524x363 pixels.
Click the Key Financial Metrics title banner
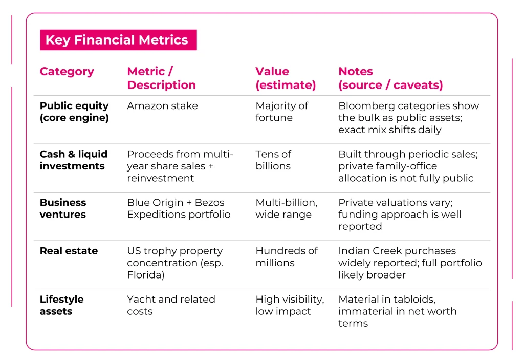point(118,40)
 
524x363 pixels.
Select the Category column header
point(67,72)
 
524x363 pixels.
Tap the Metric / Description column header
point(161,78)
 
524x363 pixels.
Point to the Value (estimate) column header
point(285,78)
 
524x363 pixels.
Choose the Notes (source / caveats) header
point(390,78)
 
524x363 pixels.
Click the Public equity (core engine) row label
point(74,112)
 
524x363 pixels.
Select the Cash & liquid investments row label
point(74,160)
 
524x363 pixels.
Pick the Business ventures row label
point(63,208)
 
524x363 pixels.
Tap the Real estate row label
point(69,251)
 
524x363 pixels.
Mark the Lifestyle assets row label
point(61,305)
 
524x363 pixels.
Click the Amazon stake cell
point(162,106)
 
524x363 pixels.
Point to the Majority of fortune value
point(281,112)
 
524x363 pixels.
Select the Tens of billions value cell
point(273,160)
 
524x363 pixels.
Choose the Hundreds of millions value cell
point(286,257)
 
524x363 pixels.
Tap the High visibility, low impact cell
point(290,305)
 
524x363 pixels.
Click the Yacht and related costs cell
point(171,305)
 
